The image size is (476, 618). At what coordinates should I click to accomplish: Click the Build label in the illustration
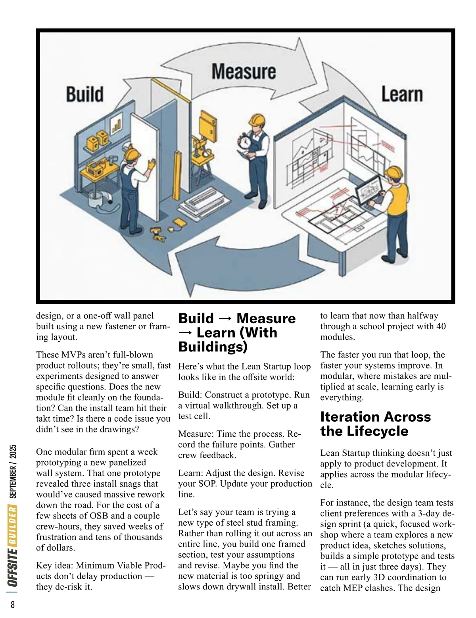tap(84, 94)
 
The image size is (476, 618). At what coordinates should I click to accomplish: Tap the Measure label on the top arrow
tap(244, 72)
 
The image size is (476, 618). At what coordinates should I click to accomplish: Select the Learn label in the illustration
tap(401, 95)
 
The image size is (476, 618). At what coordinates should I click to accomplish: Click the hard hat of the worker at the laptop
tap(394, 173)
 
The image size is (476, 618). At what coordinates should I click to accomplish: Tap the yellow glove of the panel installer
tap(151, 164)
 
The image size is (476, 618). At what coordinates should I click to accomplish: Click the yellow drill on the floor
tap(157, 234)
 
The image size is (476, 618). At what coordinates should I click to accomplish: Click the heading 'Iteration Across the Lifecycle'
tap(375, 424)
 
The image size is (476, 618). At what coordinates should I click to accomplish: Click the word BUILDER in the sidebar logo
tap(13, 524)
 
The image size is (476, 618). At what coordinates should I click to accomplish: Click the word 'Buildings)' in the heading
tap(213, 347)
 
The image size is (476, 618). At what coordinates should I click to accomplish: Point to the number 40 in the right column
tap(440, 326)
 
